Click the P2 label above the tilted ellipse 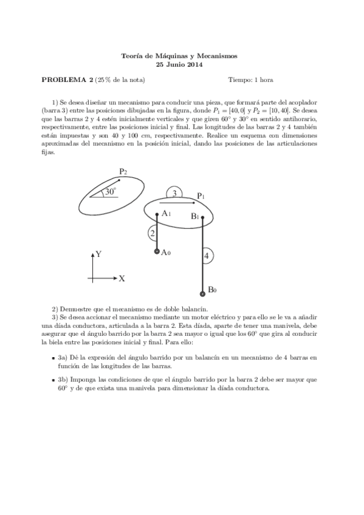pyautogui.click(x=123, y=172)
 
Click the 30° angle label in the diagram pyautogui.click(x=109, y=191)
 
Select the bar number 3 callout pyautogui.click(x=174, y=193)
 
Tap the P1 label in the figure pyautogui.click(x=201, y=196)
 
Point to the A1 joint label pyautogui.click(x=166, y=214)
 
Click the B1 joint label pyautogui.click(x=194, y=217)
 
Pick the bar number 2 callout pyautogui.click(x=153, y=233)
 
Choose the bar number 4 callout pyautogui.click(x=207, y=256)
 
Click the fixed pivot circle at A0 pyautogui.click(x=157, y=251)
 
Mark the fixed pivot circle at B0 pyautogui.click(x=202, y=290)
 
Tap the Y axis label pyautogui.click(x=98, y=254)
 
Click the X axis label pyautogui.click(x=122, y=279)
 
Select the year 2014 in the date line pyautogui.click(x=194, y=64)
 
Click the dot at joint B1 pyautogui.click(x=202, y=217)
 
